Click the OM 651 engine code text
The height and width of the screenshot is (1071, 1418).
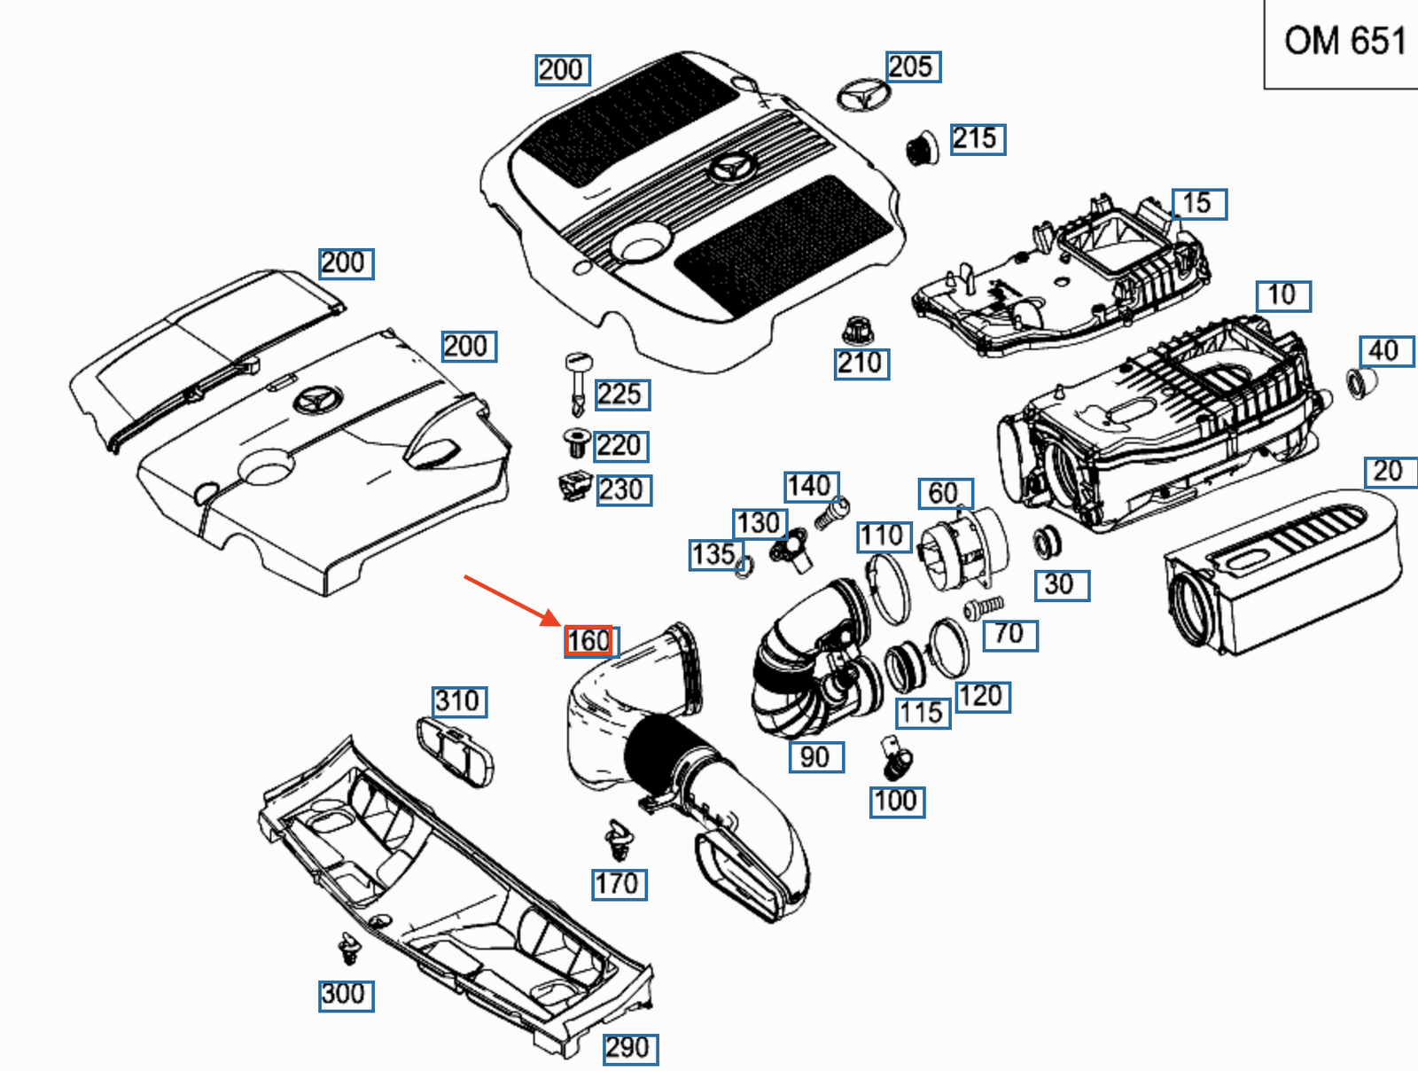pos(1345,42)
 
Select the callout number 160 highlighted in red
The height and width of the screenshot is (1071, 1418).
pos(588,641)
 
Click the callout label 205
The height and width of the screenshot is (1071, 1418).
pos(913,66)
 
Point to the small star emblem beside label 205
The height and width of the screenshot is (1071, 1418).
pos(864,97)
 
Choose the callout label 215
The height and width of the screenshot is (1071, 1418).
pos(978,139)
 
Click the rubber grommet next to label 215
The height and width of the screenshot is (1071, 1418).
pos(921,150)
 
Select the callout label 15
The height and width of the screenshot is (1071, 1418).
pos(1199,204)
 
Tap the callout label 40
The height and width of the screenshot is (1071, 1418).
pos(1386,351)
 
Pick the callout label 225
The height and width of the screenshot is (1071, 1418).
pos(621,395)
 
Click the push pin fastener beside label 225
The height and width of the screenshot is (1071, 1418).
pos(580,384)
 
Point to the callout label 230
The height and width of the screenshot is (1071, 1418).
pos(623,490)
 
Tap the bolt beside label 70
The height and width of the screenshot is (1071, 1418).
pos(983,608)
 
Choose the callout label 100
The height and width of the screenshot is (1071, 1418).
pos(897,802)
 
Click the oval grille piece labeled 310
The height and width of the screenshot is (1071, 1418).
pos(455,753)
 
